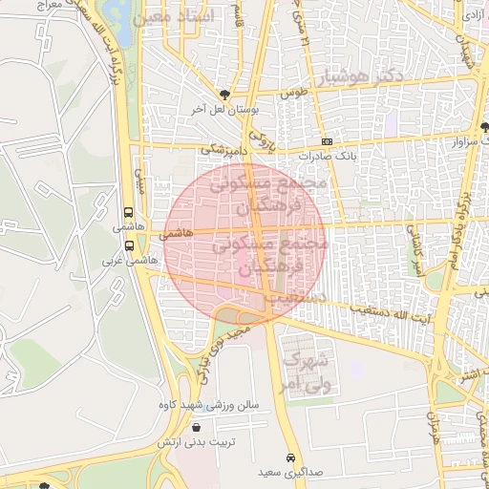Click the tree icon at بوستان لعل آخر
tap(224, 94)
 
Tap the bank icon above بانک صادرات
tap(327, 140)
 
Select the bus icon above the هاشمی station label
tap(129, 213)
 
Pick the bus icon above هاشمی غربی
tap(129, 245)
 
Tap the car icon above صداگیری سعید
tap(290, 457)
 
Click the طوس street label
tap(291, 94)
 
